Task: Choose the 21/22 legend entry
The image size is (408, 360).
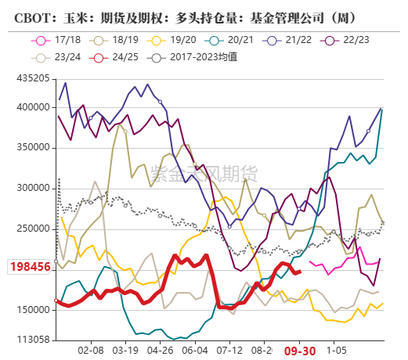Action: (x=291, y=37)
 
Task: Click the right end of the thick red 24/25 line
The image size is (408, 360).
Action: (x=301, y=272)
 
